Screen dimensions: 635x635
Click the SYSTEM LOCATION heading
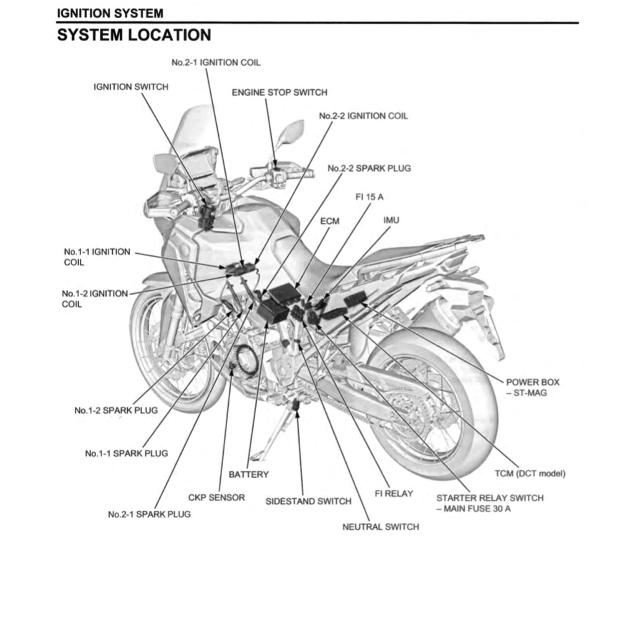pos(134,35)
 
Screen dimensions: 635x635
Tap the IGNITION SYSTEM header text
pos(110,12)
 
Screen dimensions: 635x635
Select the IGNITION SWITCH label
pos(130,87)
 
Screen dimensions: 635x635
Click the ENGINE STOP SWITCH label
pos(279,92)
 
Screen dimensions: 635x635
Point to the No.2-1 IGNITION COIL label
pos(216,63)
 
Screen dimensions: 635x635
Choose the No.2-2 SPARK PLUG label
pos(369,168)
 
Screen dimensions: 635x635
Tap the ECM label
pos(330,221)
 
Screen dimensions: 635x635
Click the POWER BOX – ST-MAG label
pos(532,388)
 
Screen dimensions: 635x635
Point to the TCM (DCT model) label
pos(530,474)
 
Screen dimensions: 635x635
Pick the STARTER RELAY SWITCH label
pos(489,498)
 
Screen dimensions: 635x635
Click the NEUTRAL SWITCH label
pos(380,527)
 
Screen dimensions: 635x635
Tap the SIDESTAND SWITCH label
pos(308,501)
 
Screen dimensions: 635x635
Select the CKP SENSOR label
pos(216,497)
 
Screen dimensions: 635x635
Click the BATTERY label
pos(249,474)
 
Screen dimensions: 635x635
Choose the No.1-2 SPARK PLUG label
pos(116,411)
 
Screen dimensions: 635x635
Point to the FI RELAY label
pos(394,494)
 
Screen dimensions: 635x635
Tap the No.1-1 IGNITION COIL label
pos(97,257)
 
